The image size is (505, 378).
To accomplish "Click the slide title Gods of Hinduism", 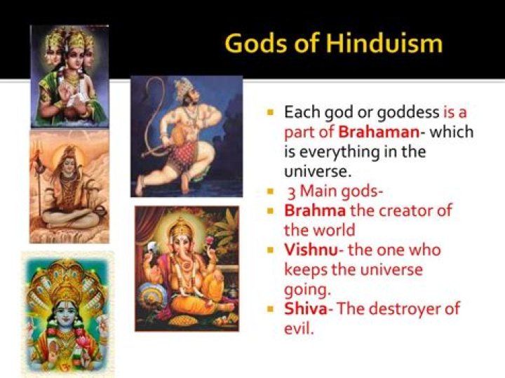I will tap(333, 43).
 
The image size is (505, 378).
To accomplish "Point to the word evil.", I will tap(297, 328).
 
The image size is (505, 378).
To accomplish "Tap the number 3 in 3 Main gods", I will tap(290, 191).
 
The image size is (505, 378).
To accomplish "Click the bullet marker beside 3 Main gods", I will tap(271, 191).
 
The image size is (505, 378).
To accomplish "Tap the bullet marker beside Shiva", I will tap(271, 309).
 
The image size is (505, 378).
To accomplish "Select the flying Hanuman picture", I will tap(187, 136).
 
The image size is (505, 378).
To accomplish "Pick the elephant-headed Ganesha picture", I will tap(187, 268).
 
